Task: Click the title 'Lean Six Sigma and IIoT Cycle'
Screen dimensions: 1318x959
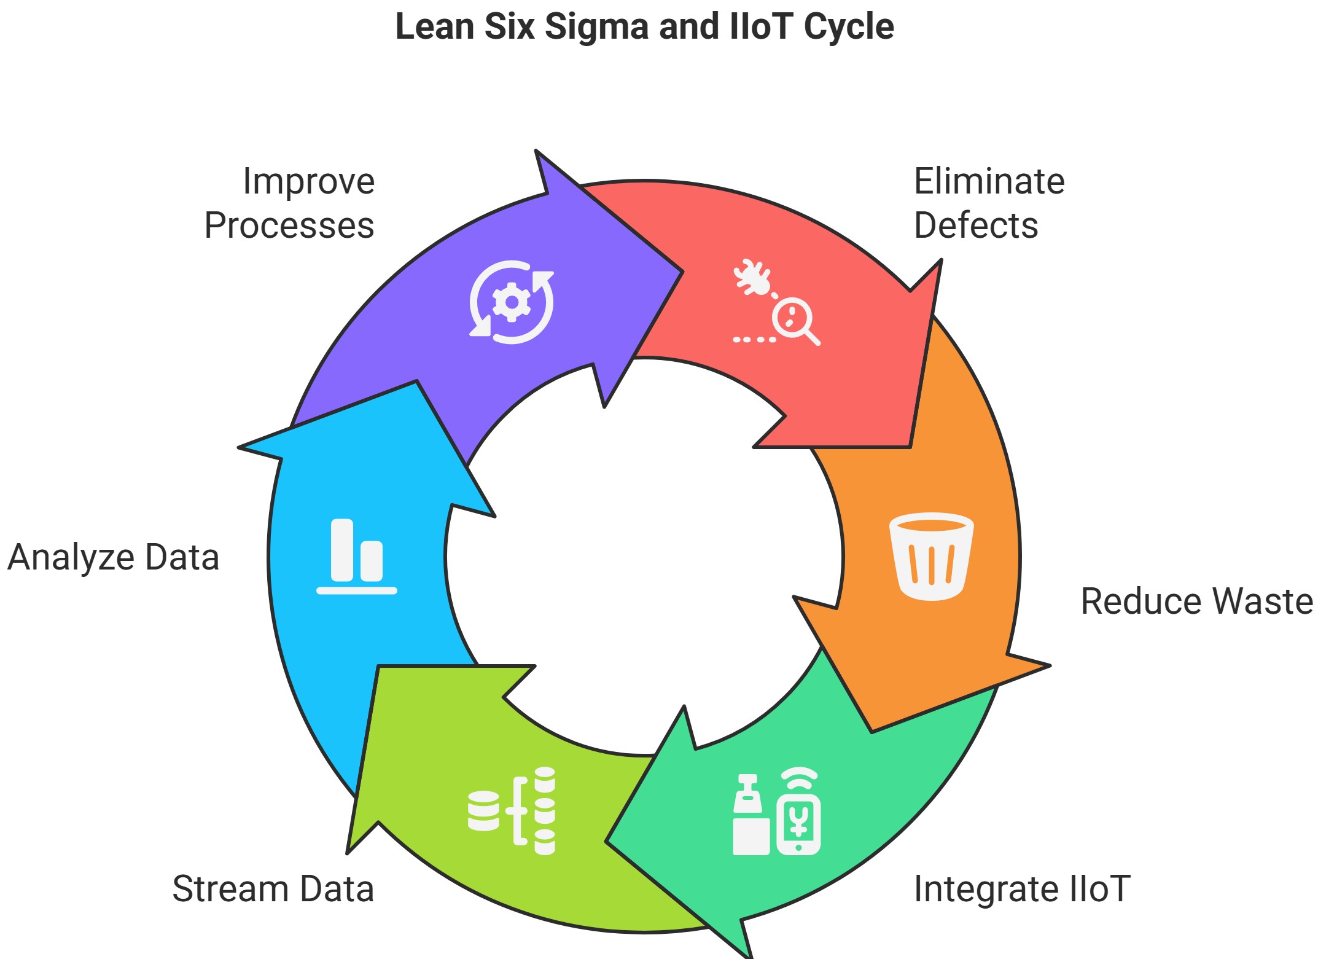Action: tap(644, 28)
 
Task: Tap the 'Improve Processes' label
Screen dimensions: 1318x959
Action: tap(289, 203)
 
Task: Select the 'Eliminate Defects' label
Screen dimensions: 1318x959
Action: tap(989, 203)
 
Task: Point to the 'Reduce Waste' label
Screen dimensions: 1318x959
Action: tap(1196, 601)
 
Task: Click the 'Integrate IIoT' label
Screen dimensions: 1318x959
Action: tap(1022, 888)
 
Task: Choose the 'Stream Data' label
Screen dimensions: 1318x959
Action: tap(273, 888)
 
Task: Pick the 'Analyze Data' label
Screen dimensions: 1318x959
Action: tap(114, 557)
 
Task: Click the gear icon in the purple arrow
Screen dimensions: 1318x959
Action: tap(511, 302)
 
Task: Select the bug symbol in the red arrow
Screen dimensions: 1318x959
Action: tap(752, 277)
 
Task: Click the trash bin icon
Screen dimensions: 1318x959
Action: tap(932, 557)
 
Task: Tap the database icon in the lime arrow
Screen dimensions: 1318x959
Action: tap(512, 810)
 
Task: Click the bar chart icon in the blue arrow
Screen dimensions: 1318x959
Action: tap(357, 557)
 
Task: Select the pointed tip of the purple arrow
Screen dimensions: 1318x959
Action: tap(682, 272)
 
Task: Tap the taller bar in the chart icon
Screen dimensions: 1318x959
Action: tap(342, 550)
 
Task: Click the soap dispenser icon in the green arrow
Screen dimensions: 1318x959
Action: tap(751, 815)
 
